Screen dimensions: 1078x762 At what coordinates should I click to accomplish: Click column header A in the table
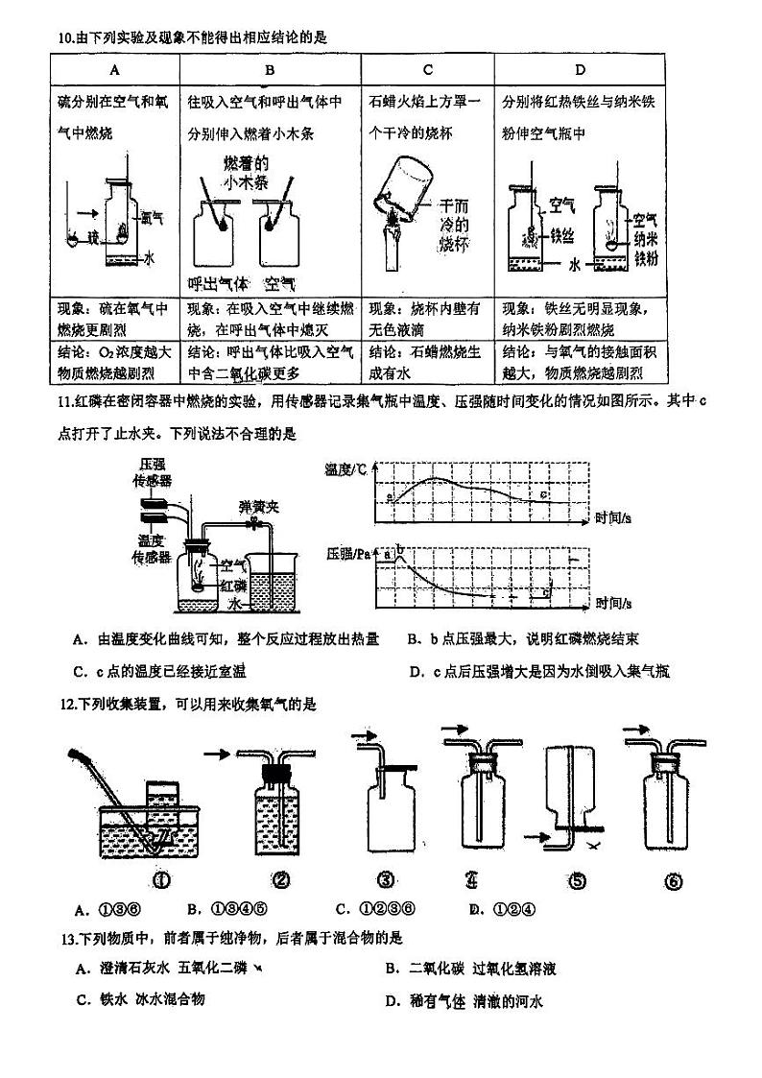click(x=114, y=69)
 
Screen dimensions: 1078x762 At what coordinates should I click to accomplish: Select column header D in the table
click(x=580, y=69)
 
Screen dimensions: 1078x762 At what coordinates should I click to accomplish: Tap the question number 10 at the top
click(x=65, y=37)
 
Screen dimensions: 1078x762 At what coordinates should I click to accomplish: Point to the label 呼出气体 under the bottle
click(x=218, y=283)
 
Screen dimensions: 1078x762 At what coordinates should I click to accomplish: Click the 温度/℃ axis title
click(x=346, y=469)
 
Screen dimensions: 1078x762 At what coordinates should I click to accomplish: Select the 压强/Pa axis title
click(x=350, y=555)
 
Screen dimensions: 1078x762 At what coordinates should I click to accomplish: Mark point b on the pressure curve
click(x=400, y=550)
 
